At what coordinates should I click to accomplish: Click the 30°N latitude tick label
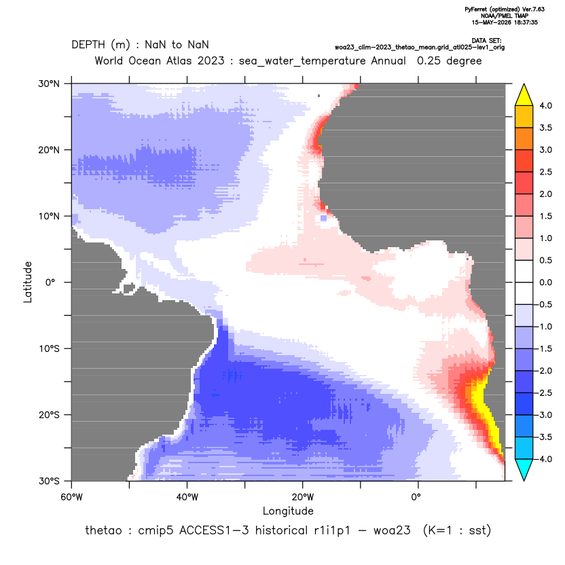coord(49,84)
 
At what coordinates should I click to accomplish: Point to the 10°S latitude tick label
coord(50,349)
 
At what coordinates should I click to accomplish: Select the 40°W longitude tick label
coord(187,497)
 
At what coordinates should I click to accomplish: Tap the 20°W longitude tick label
coord(303,497)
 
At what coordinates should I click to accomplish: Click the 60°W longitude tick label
coord(72,497)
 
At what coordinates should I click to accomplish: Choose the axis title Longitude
coord(288,511)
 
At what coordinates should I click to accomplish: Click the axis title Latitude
coord(28,282)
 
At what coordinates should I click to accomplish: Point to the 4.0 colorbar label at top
coord(545,105)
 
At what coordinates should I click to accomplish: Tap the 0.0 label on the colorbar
coord(545,282)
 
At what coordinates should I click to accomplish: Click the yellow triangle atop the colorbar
coord(524,95)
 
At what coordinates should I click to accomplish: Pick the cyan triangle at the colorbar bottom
coord(524,470)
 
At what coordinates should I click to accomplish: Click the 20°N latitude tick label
coord(49,150)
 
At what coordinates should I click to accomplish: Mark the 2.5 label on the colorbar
coord(545,172)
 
